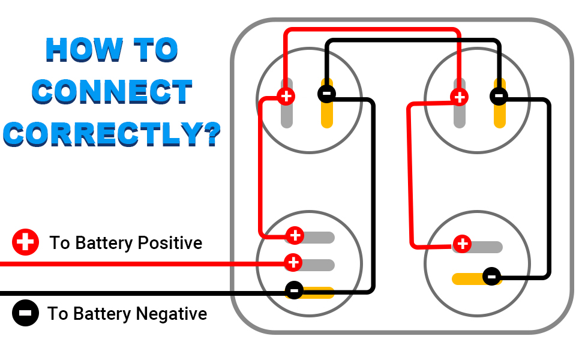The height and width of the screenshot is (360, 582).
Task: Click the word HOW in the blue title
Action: pyautogui.click(x=84, y=50)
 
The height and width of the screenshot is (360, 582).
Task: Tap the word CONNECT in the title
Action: pyautogui.click(x=112, y=92)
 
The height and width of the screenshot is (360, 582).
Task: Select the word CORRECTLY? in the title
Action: pyautogui.click(x=112, y=134)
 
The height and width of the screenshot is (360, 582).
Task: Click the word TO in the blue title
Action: pyautogui.click(x=156, y=50)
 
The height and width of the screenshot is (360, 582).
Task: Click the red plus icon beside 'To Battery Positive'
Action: pyautogui.click(x=25, y=242)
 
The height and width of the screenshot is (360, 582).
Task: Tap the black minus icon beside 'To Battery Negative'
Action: pyautogui.click(x=25, y=313)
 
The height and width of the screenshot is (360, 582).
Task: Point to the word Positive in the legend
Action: pyautogui.click(x=170, y=243)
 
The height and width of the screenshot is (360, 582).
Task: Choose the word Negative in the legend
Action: pyautogui.click(x=172, y=314)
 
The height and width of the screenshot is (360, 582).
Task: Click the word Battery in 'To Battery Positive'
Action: pyautogui.click(x=104, y=244)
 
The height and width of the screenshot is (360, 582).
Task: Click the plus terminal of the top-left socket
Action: pyautogui.click(x=286, y=97)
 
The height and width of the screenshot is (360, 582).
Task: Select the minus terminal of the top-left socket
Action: pyautogui.click(x=326, y=94)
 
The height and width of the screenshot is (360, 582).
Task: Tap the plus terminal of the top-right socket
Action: pyautogui.click(x=460, y=97)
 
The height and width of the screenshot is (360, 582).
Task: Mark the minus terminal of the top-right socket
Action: pyautogui.click(x=499, y=96)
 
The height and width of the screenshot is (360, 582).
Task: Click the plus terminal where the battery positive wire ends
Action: pyautogui.click(x=293, y=262)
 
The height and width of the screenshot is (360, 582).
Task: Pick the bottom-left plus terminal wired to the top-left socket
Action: pyautogui.click(x=295, y=235)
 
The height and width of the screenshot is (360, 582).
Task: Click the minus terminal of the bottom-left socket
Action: pyautogui.click(x=294, y=290)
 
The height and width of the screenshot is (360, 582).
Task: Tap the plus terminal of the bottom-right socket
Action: pyautogui.click(x=462, y=244)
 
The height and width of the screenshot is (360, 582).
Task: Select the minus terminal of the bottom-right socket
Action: pyautogui.click(x=492, y=276)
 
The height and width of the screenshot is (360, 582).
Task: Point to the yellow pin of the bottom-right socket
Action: pyautogui.click(x=467, y=279)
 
